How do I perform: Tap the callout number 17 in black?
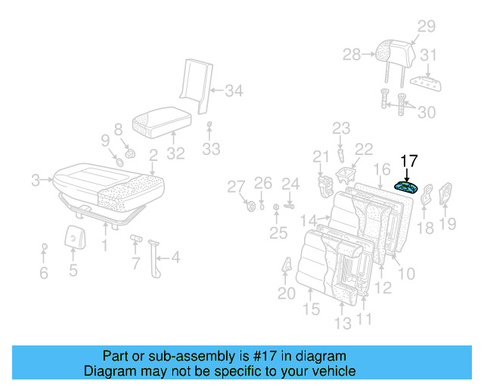[408, 160]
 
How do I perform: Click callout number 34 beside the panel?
[234, 91]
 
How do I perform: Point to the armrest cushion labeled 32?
[160, 121]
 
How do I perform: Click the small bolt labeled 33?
[210, 125]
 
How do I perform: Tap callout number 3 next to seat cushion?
[35, 180]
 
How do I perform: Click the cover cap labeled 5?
[73, 237]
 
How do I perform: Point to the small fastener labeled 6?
[44, 247]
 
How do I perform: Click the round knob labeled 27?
[250, 207]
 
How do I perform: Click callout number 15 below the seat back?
[311, 309]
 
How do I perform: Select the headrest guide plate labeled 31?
[425, 82]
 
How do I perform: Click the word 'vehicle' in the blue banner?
[332, 371]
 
